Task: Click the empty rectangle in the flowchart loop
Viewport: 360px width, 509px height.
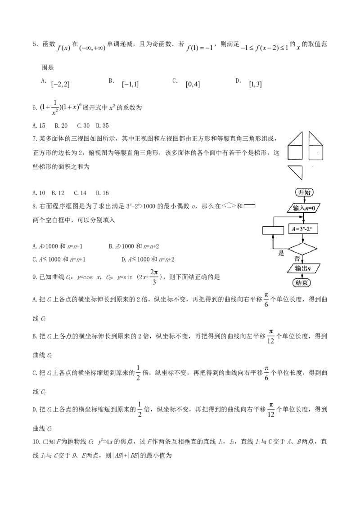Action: click(273, 230)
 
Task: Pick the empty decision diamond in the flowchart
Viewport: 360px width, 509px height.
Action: click(302, 249)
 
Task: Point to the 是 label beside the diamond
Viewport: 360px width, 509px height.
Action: click(282, 253)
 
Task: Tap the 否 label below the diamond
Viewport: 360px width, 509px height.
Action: click(297, 259)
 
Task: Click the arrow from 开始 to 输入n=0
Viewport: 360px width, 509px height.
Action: click(304, 200)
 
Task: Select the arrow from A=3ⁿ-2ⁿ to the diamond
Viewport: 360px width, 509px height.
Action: click(303, 238)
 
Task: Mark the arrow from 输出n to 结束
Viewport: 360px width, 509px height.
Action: click(302, 276)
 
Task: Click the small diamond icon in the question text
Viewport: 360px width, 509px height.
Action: click(229, 205)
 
